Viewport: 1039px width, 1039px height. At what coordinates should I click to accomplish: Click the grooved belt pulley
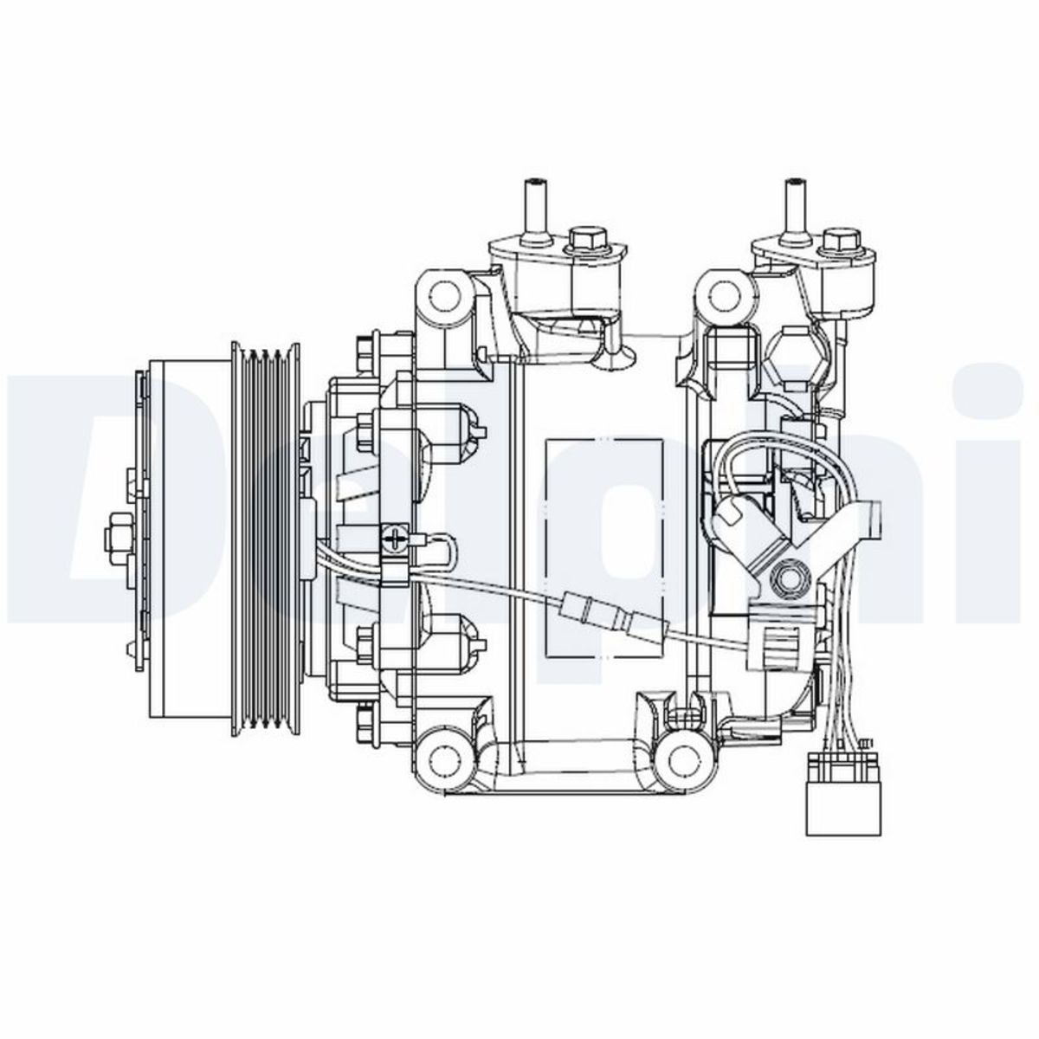pyautogui.click(x=267, y=541)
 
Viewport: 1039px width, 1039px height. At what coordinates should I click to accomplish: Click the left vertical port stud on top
pyautogui.click(x=532, y=208)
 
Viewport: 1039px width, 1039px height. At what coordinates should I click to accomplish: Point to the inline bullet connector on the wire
pyautogui.click(x=610, y=616)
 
